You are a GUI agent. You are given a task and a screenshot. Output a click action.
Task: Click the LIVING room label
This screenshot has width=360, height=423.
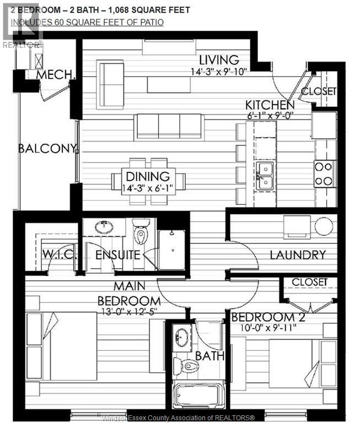coord(219,60)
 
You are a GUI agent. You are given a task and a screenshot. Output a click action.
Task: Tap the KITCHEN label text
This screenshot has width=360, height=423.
coord(270,105)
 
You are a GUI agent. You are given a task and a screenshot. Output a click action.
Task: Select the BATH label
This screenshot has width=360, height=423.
coord(209,356)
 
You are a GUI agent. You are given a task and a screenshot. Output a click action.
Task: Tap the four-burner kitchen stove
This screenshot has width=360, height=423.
coord(325,173)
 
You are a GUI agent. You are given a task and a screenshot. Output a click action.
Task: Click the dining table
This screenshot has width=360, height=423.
coord(148,181)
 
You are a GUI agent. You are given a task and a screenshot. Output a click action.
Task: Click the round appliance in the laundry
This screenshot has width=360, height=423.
coord(324,226)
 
